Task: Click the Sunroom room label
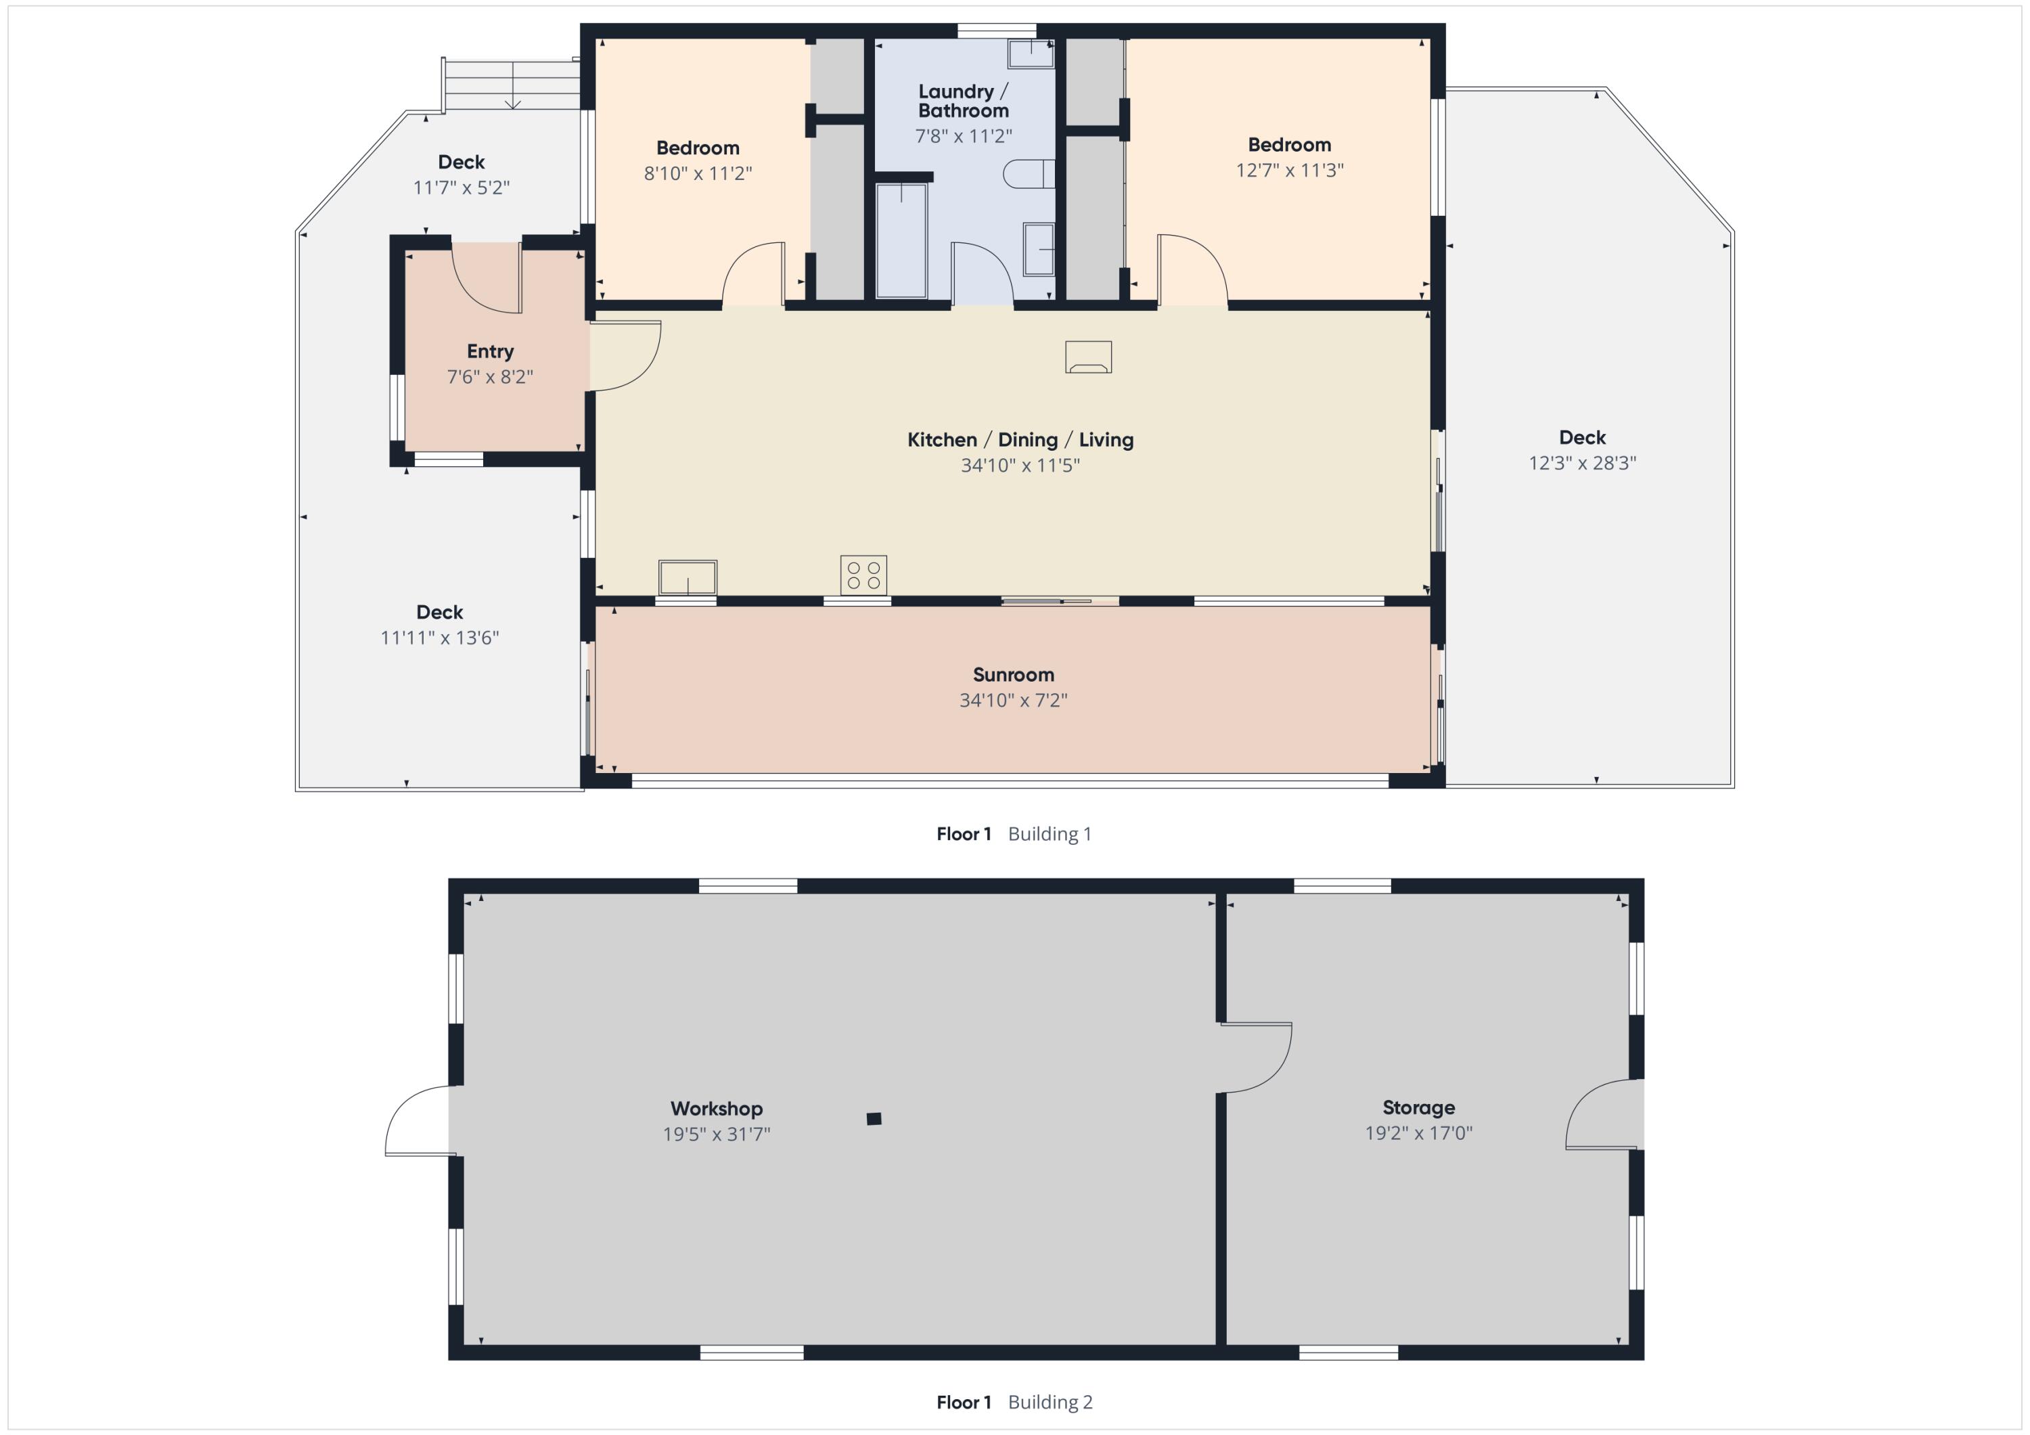tap(1013, 675)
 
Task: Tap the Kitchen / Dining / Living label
tap(1020, 439)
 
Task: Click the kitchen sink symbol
tap(687, 577)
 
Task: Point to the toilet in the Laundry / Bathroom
tap(1029, 174)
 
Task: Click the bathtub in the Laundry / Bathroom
tap(901, 240)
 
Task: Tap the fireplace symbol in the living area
tap(1088, 357)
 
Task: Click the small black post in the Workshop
tap(874, 1118)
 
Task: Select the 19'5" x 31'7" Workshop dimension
tap(717, 1134)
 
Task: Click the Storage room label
tap(1418, 1107)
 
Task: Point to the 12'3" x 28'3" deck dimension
tap(1583, 462)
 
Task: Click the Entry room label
tap(490, 352)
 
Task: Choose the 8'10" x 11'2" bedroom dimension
tap(698, 173)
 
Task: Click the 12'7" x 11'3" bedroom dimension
tap(1289, 170)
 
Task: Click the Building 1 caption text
tap(1050, 834)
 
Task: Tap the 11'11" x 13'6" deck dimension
tap(439, 638)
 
